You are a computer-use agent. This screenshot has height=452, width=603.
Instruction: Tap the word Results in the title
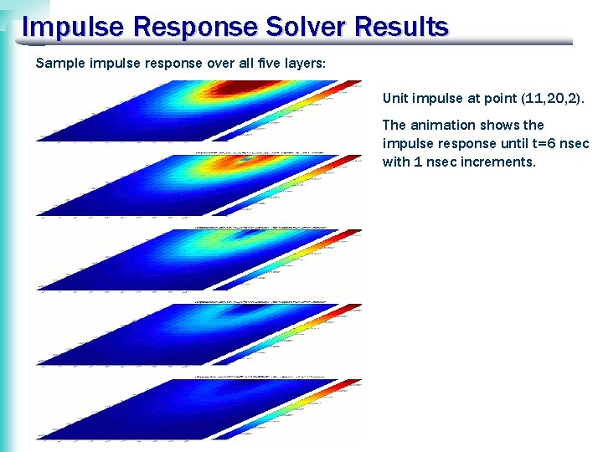[x=401, y=27]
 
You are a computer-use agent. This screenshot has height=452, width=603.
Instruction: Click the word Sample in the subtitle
[x=57, y=63]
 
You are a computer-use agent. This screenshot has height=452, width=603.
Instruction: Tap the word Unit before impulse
[x=395, y=98]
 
